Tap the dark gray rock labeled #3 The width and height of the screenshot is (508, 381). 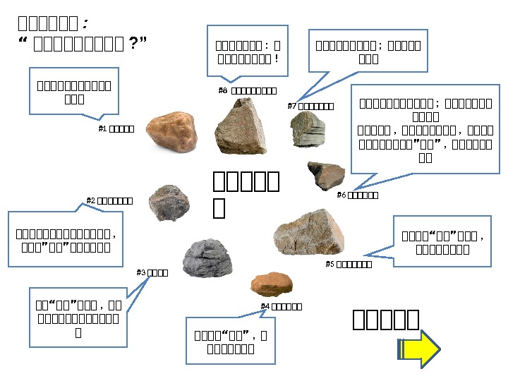pos(207,258)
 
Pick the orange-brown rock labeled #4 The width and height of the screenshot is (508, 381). pos(272,283)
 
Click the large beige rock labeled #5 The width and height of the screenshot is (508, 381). pos(309,232)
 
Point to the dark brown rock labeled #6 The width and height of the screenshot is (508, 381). pos(326,176)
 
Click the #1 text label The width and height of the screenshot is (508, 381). pos(116,128)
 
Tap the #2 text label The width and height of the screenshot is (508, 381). pos(109,200)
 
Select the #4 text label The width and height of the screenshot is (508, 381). pos(282,306)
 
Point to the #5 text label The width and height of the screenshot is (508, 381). pos(348,264)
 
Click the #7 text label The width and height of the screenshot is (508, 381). pos(310,106)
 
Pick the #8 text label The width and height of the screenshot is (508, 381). pos(247,90)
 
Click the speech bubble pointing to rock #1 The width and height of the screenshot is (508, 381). pos(73,90)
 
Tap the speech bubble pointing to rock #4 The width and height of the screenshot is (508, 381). pos(231,340)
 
